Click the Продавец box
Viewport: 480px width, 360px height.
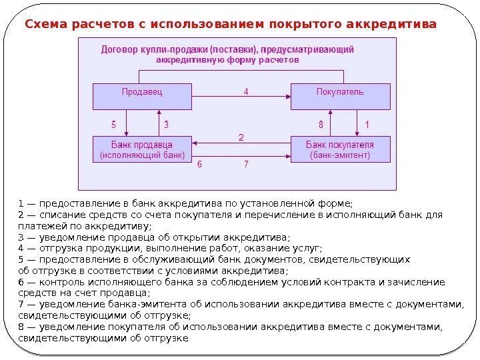pyautogui.click(x=142, y=97)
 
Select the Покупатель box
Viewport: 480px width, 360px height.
pyautogui.click(x=339, y=97)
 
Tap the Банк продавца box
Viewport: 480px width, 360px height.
pyautogui.click(x=142, y=150)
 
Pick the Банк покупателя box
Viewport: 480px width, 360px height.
pyautogui.click(x=339, y=150)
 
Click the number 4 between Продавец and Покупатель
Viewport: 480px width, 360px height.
pyautogui.click(x=246, y=92)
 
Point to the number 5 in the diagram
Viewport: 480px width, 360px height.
pyautogui.click(x=113, y=124)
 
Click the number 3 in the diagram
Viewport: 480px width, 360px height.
pyautogui.click(x=166, y=124)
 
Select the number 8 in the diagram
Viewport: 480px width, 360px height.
pyautogui.click(x=321, y=124)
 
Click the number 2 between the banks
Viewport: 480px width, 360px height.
pyautogui.click(x=241, y=137)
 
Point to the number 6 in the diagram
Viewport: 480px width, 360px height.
pyautogui.click(x=200, y=164)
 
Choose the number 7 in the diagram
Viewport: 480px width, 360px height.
pyautogui.click(x=246, y=164)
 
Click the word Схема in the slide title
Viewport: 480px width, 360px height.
pyautogui.click(x=46, y=25)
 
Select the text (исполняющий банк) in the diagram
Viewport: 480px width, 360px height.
pyautogui.click(x=142, y=155)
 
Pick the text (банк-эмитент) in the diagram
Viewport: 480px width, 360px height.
pyautogui.click(x=339, y=155)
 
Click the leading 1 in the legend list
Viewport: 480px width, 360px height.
pyautogui.click(x=21, y=203)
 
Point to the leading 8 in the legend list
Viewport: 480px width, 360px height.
pyautogui.click(x=21, y=327)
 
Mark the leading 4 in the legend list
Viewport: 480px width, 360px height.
pyautogui.click(x=21, y=248)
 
